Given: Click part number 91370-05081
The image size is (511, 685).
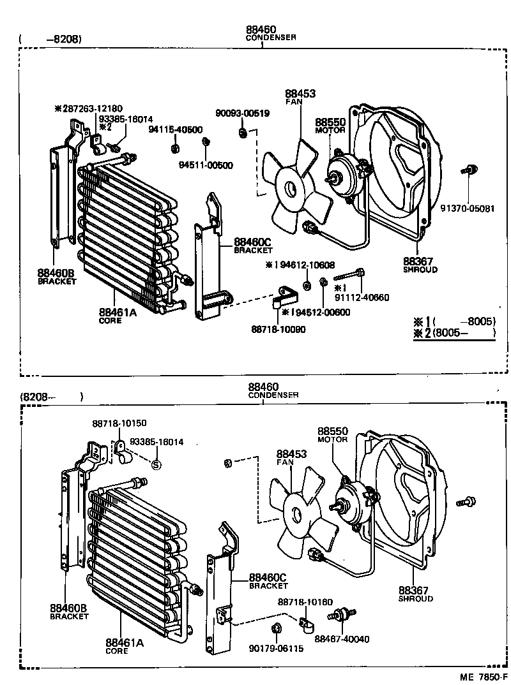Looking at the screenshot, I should (468, 209).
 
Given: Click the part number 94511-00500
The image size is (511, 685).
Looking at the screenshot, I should (206, 165).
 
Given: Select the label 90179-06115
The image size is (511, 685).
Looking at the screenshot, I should (276, 649).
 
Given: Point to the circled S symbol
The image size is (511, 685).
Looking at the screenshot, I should (155, 464).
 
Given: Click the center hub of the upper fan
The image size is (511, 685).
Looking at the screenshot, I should (291, 189).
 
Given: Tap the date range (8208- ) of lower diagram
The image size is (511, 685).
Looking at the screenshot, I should (51, 396).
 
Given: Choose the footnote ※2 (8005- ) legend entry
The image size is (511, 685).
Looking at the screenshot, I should (454, 333).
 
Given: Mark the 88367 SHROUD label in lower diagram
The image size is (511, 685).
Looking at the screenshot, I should (416, 594).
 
